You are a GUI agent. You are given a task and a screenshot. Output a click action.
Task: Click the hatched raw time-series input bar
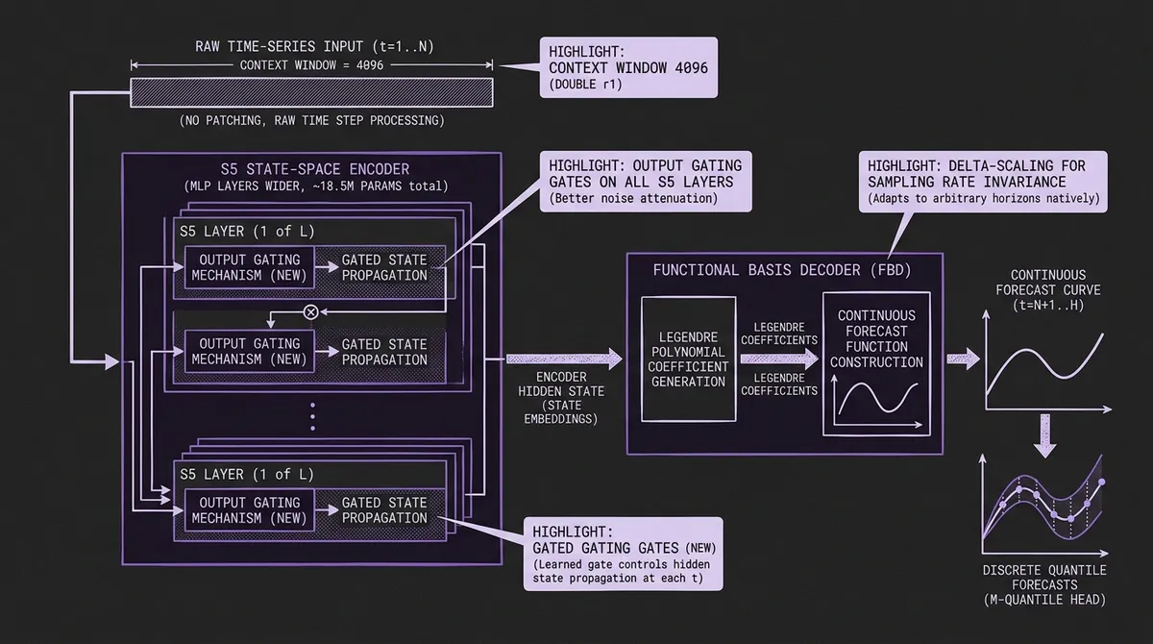[x=311, y=92]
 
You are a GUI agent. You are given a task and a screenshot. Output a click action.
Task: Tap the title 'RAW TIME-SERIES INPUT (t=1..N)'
[x=311, y=46]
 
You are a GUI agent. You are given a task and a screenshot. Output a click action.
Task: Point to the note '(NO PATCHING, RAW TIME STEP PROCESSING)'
[x=311, y=121]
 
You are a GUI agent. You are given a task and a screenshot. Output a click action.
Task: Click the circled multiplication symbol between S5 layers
[x=310, y=311]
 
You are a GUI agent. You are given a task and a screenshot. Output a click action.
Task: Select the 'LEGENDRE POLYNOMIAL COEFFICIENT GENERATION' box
[x=687, y=359]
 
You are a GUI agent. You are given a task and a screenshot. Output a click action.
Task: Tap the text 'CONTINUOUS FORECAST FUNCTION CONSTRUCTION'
[x=876, y=338]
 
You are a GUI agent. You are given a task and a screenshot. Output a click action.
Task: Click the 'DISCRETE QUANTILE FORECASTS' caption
[x=1043, y=585]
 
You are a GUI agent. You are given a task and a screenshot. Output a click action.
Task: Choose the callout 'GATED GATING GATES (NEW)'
[x=623, y=554]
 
